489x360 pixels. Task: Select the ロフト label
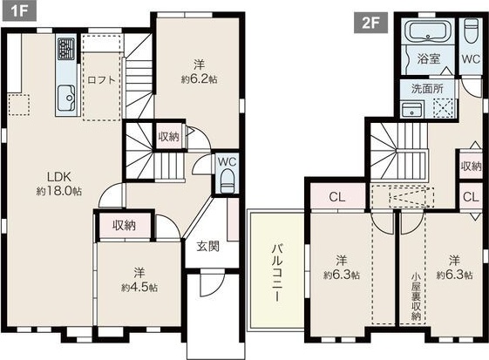pyautogui.click(x=102, y=79)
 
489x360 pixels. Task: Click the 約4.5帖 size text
pyautogui.click(x=139, y=286)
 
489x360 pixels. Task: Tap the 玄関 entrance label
pyautogui.click(x=207, y=246)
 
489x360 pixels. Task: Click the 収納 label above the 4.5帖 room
pyautogui.click(x=124, y=225)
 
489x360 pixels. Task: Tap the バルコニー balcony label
pyautogui.click(x=274, y=272)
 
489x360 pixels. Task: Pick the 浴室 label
pyautogui.click(x=427, y=59)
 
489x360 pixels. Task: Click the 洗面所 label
pyautogui.click(x=426, y=88)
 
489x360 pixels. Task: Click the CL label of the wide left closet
pyautogui.click(x=336, y=196)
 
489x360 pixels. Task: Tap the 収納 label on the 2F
pyautogui.click(x=471, y=166)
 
